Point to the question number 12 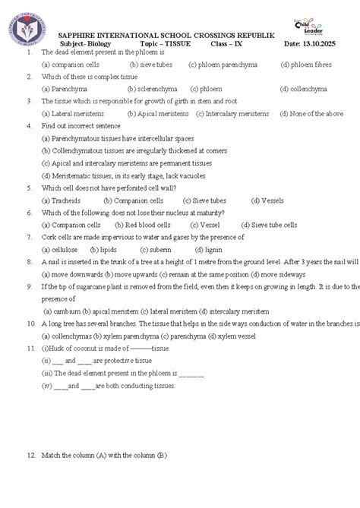pos(30,456)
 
